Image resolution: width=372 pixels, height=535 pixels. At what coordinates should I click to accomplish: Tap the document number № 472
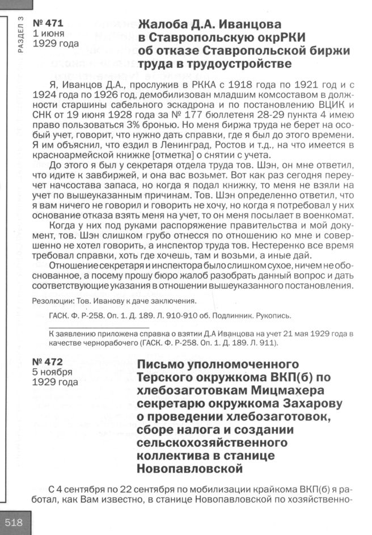[x=48, y=362]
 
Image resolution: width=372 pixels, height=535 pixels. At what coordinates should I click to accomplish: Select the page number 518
[x=14, y=523]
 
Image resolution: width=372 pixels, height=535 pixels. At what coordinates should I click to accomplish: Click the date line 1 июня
[x=49, y=33]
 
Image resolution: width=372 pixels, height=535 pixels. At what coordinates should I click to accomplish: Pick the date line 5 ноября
[x=53, y=372]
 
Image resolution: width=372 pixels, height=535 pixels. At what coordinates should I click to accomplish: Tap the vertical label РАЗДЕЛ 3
[x=21, y=35]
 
